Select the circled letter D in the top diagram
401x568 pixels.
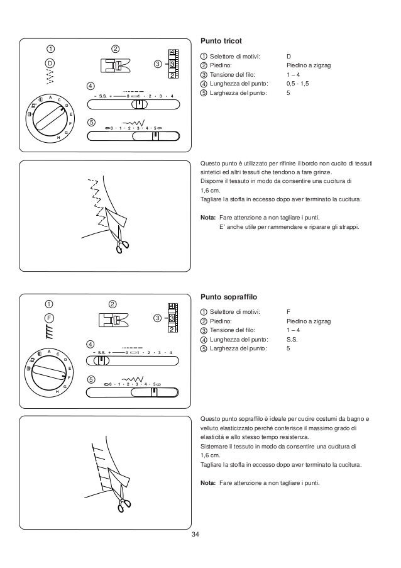tap(50, 63)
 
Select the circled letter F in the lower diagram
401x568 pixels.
tap(50, 318)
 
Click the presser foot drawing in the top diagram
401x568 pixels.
tap(114, 65)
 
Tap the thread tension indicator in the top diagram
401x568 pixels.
tap(171, 64)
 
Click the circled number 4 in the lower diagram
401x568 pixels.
tap(91, 343)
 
